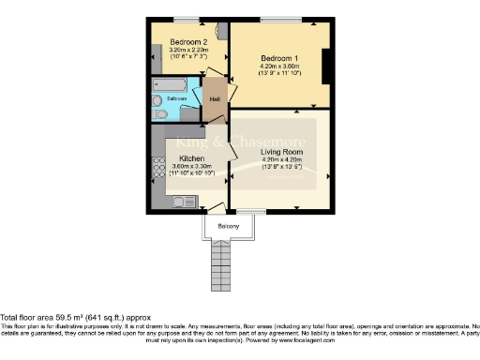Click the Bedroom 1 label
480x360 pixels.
[x=279, y=57]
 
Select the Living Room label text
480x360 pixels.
[x=281, y=152]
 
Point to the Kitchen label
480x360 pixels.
[x=191, y=159]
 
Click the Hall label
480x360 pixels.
[x=215, y=98]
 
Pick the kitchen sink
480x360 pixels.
[x=182, y=202]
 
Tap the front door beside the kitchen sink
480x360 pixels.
[x=216, y=207]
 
